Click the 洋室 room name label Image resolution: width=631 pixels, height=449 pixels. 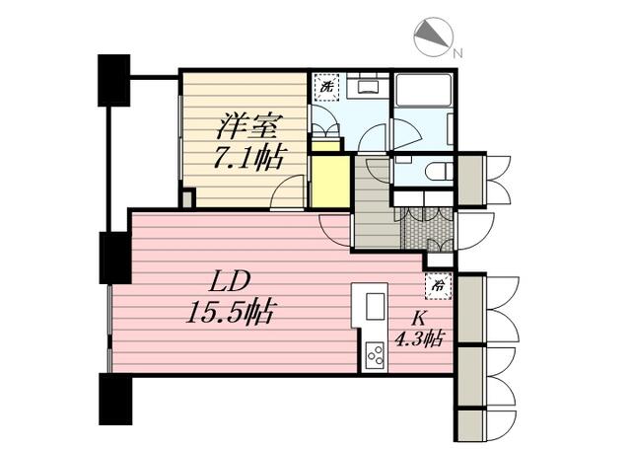click(x=248, y=127)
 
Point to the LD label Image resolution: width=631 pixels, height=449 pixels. click(x=230, y=281)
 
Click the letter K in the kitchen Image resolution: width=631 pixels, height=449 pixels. click(x=418, y=319)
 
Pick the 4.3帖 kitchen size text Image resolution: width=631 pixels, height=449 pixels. click(x=418, y=338)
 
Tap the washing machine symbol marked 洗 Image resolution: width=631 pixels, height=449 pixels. click(x=326, y=87)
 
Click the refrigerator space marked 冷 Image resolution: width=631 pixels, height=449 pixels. click(x=438, y=286)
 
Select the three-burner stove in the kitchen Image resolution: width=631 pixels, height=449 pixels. click(x=375, y=356)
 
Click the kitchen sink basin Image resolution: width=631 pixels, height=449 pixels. click(x=376, y=306)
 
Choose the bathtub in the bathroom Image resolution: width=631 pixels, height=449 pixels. click(x=423, y=90)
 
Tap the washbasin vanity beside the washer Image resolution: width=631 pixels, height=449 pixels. click(x=368, y=86)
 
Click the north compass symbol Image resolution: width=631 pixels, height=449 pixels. click(x=434, y=37)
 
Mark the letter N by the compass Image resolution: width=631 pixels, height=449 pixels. click(x=457, y=52)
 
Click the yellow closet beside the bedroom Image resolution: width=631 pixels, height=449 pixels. click(x=330, y=182)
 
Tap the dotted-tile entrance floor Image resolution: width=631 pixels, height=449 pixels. click(x=428, y=230)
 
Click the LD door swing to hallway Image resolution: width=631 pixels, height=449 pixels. click(x=335, y=231)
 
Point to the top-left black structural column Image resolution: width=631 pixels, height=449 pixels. click(x=114, y=81)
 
